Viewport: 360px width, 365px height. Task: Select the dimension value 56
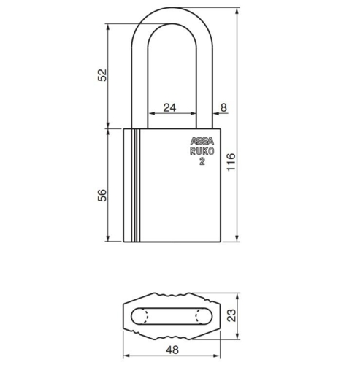[102, 194]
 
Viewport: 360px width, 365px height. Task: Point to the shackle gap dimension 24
[169, 107]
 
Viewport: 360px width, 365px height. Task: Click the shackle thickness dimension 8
[223, 107]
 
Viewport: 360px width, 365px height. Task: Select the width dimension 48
[172, 350]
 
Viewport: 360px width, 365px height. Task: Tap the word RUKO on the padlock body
[202, 152]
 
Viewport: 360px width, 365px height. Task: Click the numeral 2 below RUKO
[202, 162]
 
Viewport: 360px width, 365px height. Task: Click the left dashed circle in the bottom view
[145, 316]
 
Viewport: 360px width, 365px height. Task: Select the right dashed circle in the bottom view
[201, 316]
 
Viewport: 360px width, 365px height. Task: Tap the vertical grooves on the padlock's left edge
[134, 185]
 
